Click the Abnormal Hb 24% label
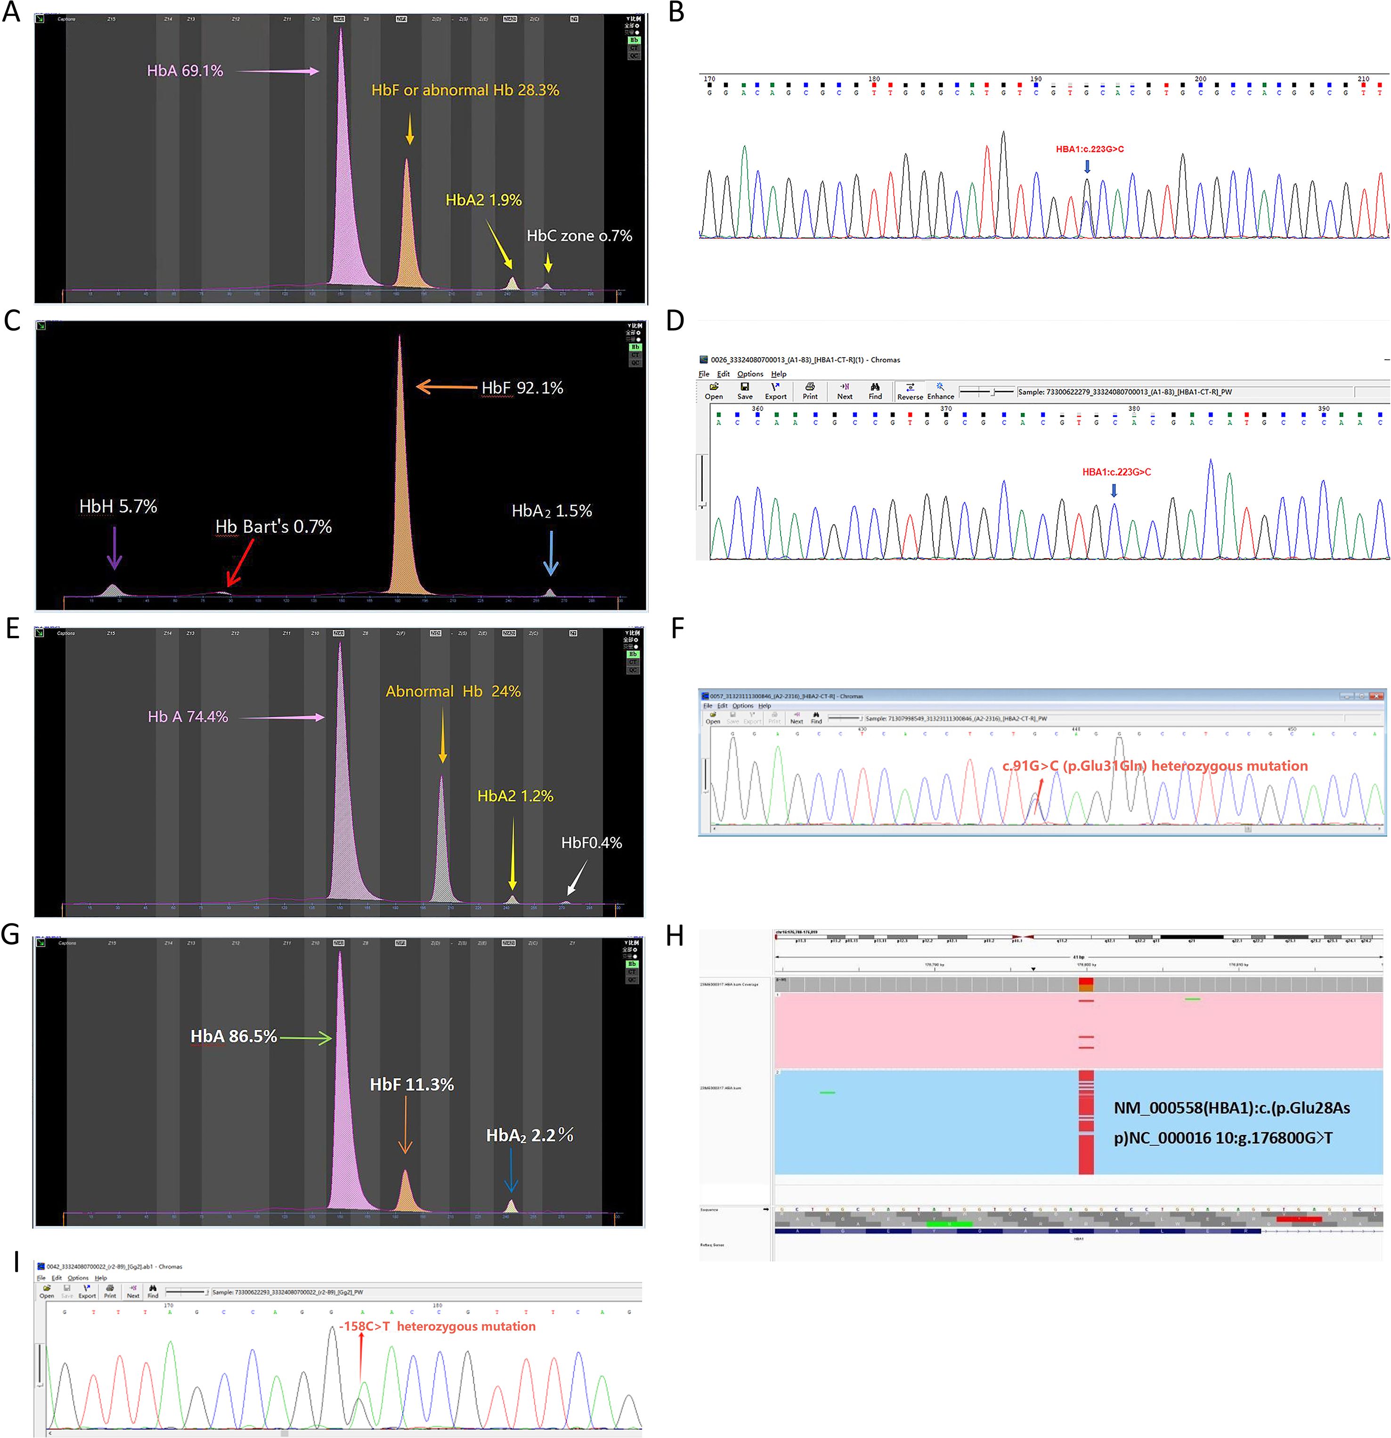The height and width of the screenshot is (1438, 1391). click(x=453, y=691)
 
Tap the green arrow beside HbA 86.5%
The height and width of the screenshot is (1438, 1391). click(x=305, y=1037)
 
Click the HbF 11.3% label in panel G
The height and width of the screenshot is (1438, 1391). click(x=412, y=1085)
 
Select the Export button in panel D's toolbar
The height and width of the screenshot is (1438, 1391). click(x=775, y=391)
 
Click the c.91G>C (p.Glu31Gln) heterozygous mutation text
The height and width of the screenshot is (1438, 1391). click(x=1155, y=766)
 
